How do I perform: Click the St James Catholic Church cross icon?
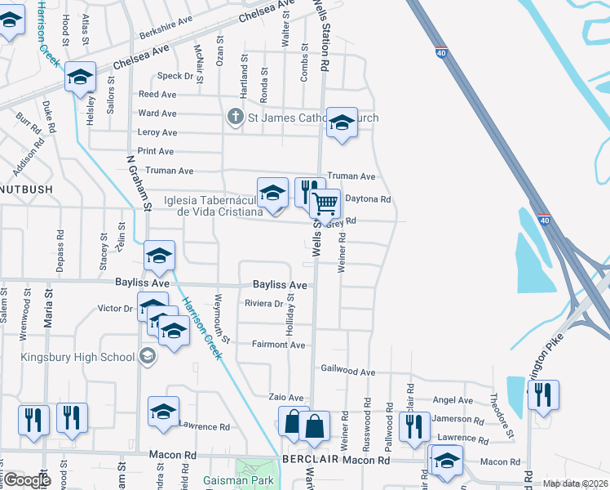(x=236, y=117)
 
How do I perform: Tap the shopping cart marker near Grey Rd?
(x=325, y=203)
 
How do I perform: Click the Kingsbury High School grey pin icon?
(x=148, y=354)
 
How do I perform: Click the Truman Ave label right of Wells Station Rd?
(x=351, y=176)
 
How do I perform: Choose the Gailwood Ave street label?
(x=347, y=372)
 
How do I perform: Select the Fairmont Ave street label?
(x=278, y=345)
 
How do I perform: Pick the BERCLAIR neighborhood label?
(x=310, y=461)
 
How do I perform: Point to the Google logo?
(x=27, y=480)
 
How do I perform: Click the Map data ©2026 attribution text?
(x=576, y=483)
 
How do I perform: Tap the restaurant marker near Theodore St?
(x=542, y=396)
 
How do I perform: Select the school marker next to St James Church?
(x=342, y=122)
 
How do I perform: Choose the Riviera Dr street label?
(x=263, y=304)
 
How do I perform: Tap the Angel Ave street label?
(x=453, y=400)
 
